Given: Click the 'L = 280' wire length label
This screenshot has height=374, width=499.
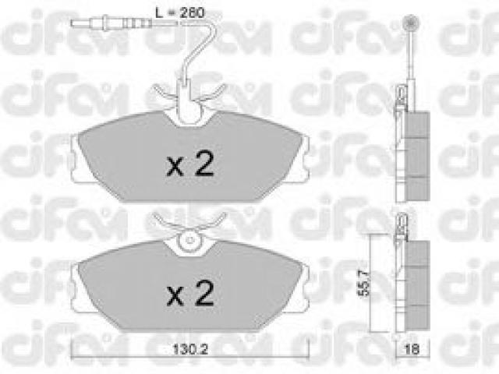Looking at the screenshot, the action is click(179, 12).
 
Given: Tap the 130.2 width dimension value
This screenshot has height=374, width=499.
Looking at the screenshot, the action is click(190, 350).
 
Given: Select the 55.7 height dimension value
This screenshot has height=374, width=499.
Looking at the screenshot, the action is click(363, 282).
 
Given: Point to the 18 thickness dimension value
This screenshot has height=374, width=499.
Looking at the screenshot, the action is click(412, 350).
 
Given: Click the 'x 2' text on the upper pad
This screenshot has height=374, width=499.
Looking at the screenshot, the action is click(190, 163).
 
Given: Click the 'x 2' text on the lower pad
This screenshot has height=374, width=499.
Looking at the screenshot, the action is click(190, 293).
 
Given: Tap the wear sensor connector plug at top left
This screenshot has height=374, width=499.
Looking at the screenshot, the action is click(111, 23).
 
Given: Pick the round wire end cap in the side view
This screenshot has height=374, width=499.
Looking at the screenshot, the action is click(411, 23).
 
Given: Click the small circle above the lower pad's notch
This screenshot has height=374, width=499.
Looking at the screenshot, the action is click(190, 242).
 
